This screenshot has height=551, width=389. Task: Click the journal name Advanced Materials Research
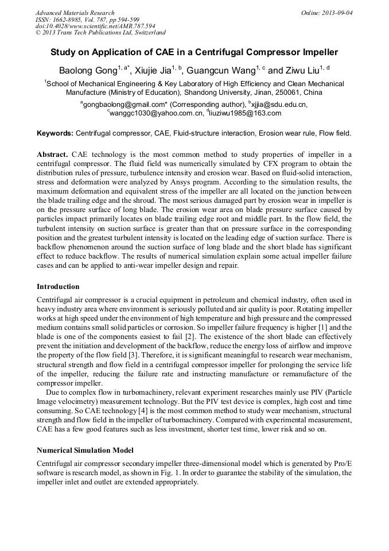pos(75,13)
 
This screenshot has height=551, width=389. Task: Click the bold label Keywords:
pos(55,133)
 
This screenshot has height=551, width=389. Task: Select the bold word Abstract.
pos(53,155)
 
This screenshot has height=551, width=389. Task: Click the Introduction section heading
pos(58,286)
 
